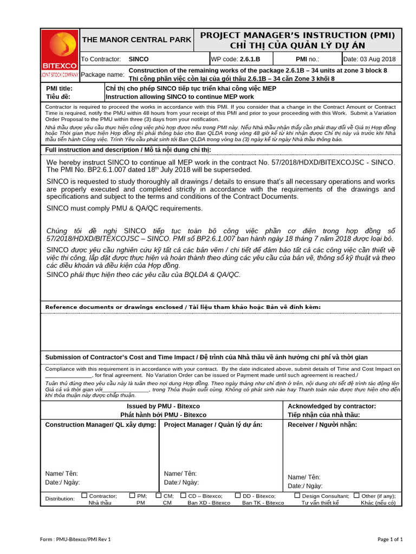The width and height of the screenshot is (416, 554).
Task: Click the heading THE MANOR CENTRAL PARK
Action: pos(136,39)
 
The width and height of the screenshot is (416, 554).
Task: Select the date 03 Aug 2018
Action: pos(369,59)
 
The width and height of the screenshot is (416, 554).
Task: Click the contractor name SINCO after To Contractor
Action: pos(139,59)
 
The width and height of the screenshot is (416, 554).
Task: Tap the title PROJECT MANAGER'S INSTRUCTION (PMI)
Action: pos(297,35)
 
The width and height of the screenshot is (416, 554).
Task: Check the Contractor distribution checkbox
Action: pos(84,495)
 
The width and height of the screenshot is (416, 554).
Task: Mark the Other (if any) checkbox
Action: pos(356,495)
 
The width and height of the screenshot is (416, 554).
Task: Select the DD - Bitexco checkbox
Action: pos(237,495)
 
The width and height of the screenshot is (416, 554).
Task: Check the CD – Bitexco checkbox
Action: pos(183,495)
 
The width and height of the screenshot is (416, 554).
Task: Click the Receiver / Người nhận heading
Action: pos(322,425)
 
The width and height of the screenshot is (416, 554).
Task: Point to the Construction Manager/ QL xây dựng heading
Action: pos(101,425)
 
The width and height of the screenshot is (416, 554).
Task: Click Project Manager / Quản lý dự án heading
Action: pos(213,425)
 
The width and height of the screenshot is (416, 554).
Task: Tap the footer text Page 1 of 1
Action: pos(390,539)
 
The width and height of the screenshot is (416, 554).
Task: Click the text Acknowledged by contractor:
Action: pos(331,406)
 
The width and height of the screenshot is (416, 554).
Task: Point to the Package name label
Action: pos(102,74)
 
